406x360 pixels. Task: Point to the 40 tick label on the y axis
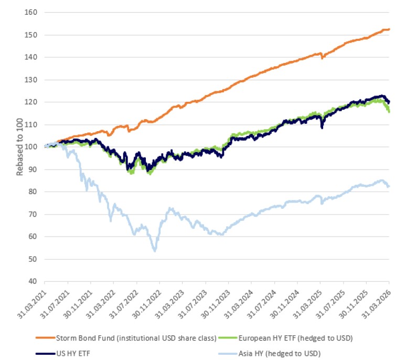pos(38,281)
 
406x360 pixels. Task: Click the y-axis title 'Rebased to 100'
pos(19,146)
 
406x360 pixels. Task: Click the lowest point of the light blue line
pos(155,251)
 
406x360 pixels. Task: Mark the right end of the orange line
pos(389,29)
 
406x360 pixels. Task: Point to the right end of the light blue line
pos(389,186)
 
